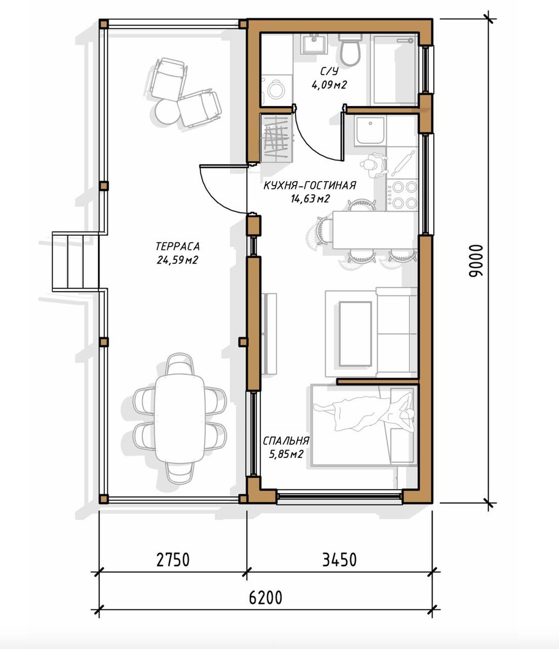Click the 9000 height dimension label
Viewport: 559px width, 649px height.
[x=476, y=260]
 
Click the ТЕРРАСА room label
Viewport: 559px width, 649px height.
[x=178, y=247]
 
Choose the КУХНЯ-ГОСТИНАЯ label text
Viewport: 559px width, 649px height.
[x=310, y=186]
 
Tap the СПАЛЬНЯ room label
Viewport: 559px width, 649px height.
[x=286, y=441]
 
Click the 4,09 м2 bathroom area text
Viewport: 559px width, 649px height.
[x=329, y=85]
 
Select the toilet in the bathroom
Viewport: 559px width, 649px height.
[x=349, y=50]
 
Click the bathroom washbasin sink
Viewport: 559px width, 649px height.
[x=313, y=44]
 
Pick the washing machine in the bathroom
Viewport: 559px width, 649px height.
[x=276, y=90]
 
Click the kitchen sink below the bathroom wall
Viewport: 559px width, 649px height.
[x=371, y=130]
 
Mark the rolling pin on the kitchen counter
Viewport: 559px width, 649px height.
[x=403, y=163]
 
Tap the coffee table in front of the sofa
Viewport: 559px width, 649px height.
[x=355, y=334]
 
